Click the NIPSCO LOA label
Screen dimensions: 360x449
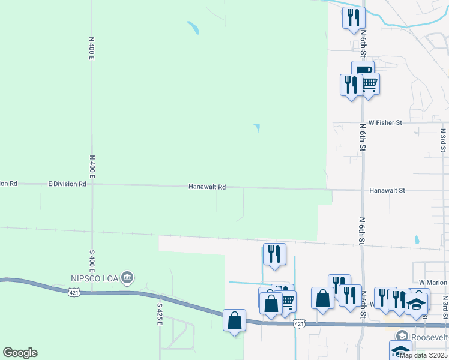click(x=91, y=278)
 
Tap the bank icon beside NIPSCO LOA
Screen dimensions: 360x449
click(x=127, y=277)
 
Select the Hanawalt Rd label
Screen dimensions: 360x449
click(x=207, y=187)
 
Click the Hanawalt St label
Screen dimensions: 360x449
click(x=387, y=190)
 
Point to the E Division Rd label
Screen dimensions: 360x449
click(x=67, y=184)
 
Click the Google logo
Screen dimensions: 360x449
click(x=20, y=353)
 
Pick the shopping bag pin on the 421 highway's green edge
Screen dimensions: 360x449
click(x=234, y=320)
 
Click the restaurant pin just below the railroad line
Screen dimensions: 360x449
click(x=274, y=253)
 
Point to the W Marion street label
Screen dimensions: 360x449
click(x=433, y=282)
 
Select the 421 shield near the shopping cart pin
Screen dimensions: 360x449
click(x=299, y=324)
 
